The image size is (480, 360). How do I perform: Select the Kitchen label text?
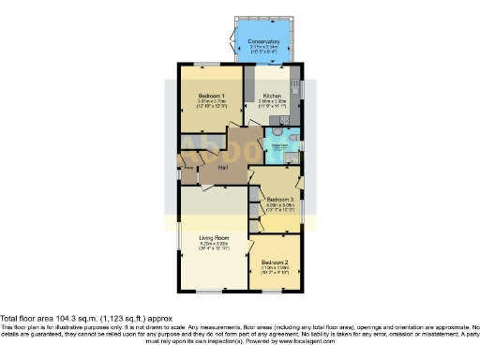[272, 96]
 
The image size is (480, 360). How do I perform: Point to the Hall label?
[224, 167]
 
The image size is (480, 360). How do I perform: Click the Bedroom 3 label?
[279, 200]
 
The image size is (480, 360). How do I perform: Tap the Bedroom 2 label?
[275, 262]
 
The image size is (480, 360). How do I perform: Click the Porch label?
[187, 168]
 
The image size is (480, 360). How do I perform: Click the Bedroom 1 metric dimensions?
[212, 102]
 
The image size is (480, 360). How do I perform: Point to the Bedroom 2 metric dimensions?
[275, 267]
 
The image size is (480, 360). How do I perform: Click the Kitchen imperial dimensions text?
[272, 107]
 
